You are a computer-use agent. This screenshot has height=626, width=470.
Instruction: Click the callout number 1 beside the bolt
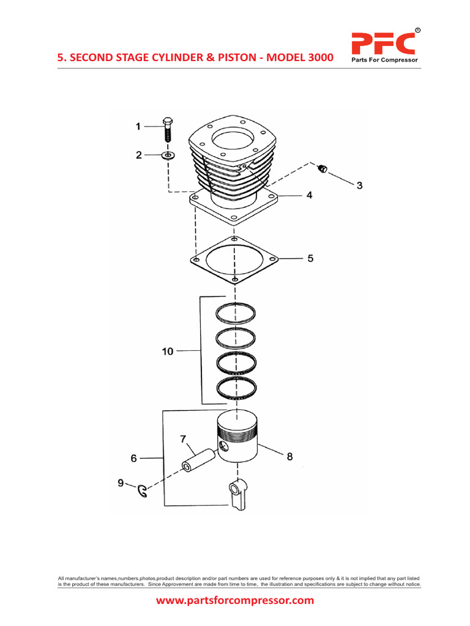click(x=138, y=127)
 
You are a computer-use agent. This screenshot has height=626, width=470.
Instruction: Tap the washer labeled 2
click(x=168, y=156)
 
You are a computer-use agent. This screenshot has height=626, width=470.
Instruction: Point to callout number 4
click(x=309, y=195)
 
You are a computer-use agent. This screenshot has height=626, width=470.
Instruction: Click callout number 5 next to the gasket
click(x=310, y=259)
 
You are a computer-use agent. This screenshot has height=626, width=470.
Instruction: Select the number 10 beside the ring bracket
click(x=168, y=352)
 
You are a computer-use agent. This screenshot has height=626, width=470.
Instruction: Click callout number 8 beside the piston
click(x=289, y=456)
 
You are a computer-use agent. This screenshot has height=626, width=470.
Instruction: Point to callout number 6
click(x=134, y=458)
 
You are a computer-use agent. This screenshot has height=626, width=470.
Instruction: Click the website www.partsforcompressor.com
click(x=235, y=600)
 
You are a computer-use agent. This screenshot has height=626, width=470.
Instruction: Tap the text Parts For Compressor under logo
click(x=383, y=61)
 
